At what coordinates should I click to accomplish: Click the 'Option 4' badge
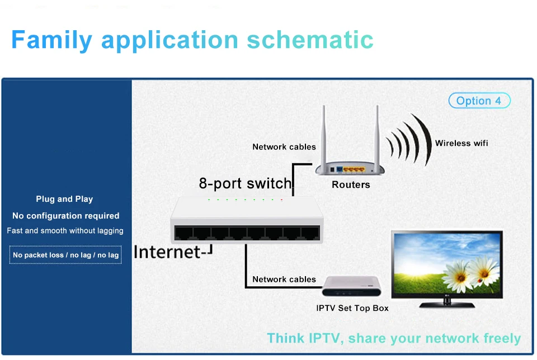point(479,101)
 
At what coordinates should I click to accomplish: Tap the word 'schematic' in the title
point(310,40)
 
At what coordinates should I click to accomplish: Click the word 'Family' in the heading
point(51,40)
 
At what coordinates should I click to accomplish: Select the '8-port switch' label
point(245,183)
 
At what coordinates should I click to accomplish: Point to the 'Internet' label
point(167,252)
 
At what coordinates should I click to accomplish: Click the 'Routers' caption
point(351,184)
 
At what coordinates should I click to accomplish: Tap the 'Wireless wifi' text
point(461,143)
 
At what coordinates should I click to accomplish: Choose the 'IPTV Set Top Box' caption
point(352,308)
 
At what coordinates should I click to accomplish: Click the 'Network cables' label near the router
point(284,147)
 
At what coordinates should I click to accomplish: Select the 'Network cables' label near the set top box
point(284,280)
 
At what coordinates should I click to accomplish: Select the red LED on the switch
point(281,200)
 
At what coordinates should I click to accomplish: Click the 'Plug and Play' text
point(64,199)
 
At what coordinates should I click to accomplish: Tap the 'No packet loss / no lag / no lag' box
point(65,255)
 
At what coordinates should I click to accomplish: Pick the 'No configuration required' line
point(66,216)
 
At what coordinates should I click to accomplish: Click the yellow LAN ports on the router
point(353,169)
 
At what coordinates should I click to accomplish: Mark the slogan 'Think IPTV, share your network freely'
point(394,338)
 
